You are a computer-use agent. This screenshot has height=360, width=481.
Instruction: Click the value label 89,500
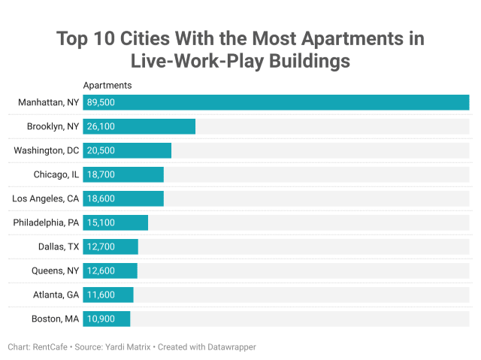(100, 102)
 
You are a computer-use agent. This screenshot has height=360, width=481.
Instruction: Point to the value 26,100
(100, 126)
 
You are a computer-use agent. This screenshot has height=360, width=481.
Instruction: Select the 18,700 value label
(100, 174)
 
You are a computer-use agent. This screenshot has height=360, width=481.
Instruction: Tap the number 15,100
(100, 222)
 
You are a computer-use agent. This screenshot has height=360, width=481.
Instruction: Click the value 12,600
(100, 271)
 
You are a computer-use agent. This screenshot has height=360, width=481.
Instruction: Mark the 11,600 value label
(100, 295)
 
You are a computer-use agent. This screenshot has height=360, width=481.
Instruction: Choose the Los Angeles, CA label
(46, 198)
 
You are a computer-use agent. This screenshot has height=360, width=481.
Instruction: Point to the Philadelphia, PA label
(46, 222)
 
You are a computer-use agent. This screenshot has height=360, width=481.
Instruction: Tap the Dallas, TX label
(59, 247)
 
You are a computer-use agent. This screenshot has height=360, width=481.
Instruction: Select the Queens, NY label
(55, 271)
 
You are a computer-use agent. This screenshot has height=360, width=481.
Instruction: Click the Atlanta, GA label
(56, 295)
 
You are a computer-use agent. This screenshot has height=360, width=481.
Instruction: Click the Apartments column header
(107, 86)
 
